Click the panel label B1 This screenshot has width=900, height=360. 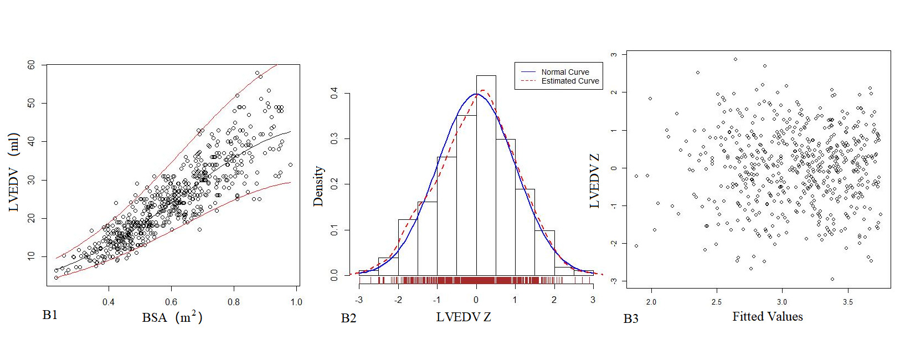point(50,315)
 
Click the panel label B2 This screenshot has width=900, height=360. point(348,318)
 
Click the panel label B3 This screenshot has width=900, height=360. point(631,318)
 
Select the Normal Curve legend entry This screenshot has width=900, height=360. point(565,72)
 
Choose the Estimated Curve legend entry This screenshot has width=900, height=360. point(570,81)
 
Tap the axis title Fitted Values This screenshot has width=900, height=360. point(767,317)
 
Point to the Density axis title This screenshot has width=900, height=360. point(318,186)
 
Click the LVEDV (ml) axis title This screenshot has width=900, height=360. point(14,172)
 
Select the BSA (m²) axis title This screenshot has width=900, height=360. point(172,317)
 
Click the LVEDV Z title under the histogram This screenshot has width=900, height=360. point(464,317)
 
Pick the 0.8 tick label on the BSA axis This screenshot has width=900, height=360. point(234,302)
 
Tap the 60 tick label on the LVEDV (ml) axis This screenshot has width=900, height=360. point(31,65)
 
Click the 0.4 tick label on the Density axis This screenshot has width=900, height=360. point(334,93)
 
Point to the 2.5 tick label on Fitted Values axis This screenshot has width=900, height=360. point(717,302)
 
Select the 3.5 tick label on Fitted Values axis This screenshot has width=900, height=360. point(847,302)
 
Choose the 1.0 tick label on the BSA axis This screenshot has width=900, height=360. point(296,302)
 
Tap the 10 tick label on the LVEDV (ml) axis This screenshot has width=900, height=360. point(31,256)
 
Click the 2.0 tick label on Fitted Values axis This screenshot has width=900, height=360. point(651,302)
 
